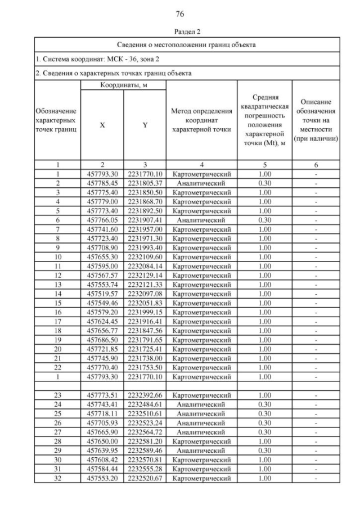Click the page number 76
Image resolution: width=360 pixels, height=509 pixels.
point(180,13)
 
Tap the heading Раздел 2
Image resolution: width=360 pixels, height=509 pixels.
point(180,31)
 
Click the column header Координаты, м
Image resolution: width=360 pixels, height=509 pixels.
point(124,85)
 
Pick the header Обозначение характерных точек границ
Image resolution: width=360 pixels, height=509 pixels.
point(56,121)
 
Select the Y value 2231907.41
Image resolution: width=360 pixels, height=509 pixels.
point(145,220)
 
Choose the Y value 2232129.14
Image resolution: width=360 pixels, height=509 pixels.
point(145,276)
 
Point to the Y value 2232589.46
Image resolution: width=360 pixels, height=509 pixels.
point(145,451)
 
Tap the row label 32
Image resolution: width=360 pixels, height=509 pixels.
point(57,479)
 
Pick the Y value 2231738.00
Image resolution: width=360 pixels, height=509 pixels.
point(145,358)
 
